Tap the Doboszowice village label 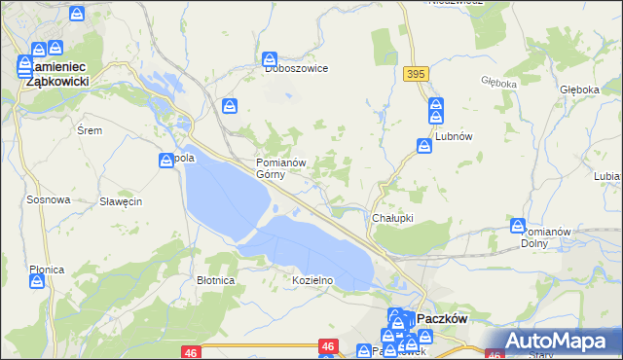click(296, 69)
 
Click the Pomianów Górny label click(281, 168)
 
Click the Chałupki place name click(393, 218)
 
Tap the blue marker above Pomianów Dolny click(518, 226)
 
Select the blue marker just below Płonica click(37, 281)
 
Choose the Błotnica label click(216, 280)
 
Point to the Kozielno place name click(312, 280)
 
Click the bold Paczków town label click(444, 318)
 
